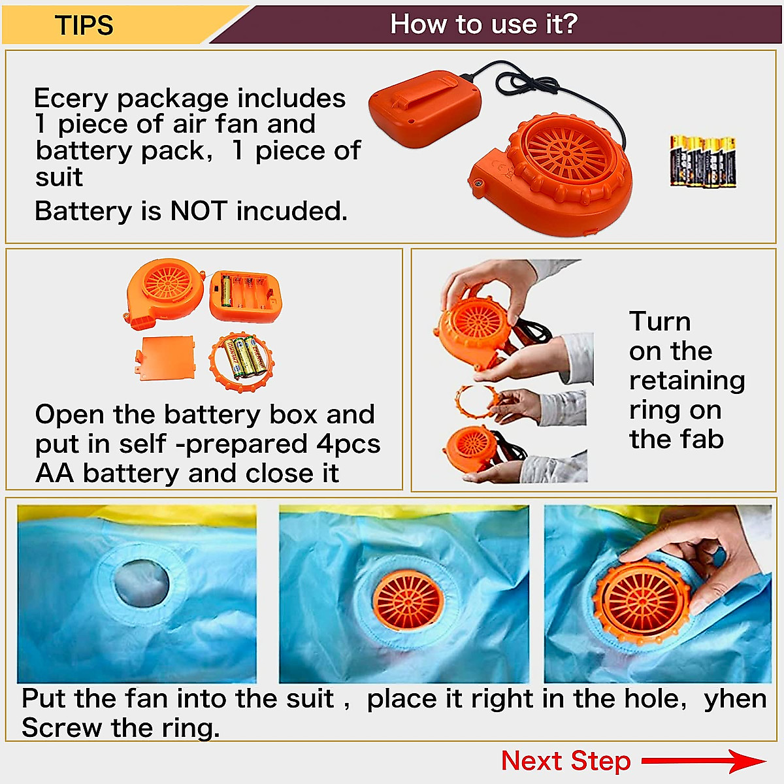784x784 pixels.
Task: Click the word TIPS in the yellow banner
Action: coord(84,25)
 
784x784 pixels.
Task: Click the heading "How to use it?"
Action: coord(483,24)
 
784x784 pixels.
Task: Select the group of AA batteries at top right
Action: coord(703,161)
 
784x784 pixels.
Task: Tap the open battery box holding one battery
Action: coord(246,297)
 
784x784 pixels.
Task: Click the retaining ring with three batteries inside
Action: coord(242,360)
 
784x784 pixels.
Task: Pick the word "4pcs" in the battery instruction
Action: coord(348,444)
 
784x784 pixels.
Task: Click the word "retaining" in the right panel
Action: coord(687,380)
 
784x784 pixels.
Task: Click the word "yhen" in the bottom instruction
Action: coord(735,699)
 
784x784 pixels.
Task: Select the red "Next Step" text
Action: coord(566,761)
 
